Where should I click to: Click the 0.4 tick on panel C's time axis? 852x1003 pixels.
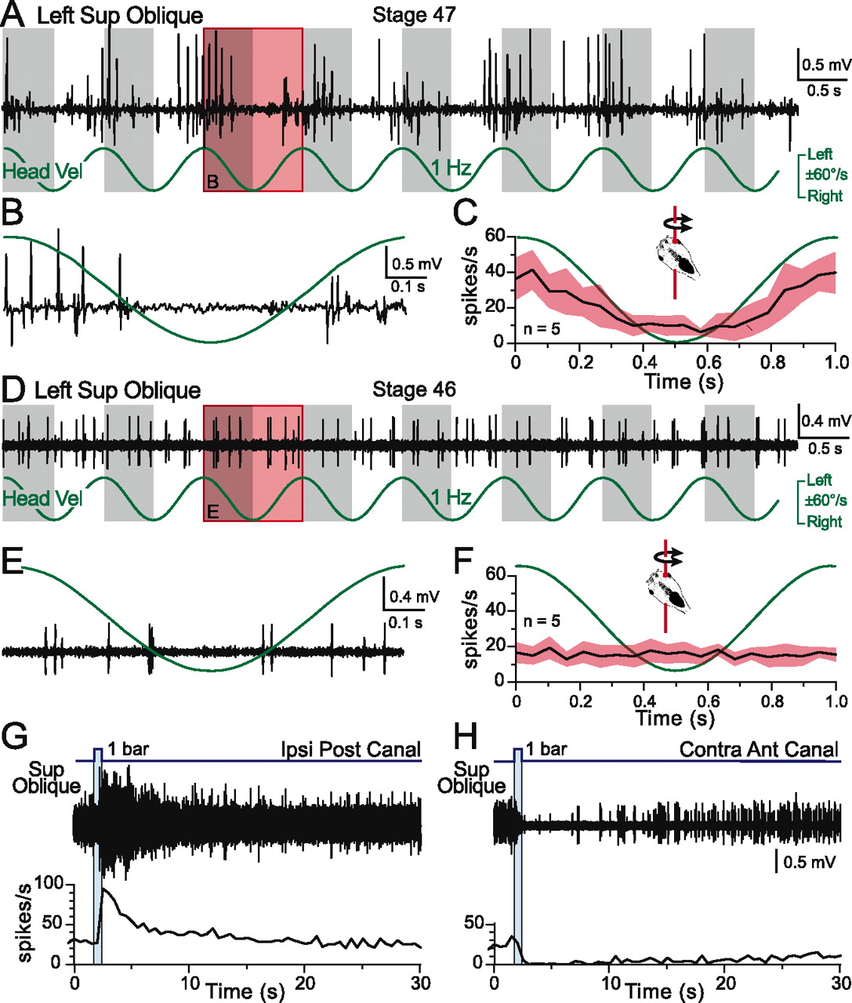coord(644,364)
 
